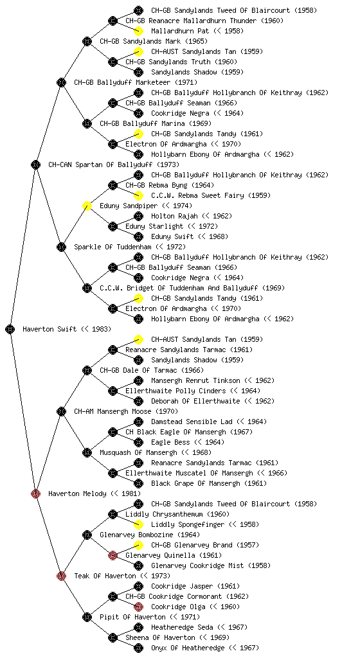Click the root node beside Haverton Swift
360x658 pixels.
[x=10, y=329]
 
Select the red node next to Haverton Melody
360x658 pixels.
[x=35, y=493]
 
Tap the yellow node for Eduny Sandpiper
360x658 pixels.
[x=87, y=206]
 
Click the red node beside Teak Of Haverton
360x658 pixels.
[x=61, y=576]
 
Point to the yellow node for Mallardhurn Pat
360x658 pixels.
[x=138, y=31]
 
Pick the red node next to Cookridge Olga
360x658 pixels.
[x=138, y=607]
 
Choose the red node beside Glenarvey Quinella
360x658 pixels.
[x=113, y=555]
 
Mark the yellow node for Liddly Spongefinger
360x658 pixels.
[x=138, y=524]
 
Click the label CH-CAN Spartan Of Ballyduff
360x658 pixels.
[x=114, y=164]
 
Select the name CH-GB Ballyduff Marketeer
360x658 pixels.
[x=136, y=82]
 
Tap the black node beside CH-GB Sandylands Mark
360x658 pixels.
[x=87, y=41]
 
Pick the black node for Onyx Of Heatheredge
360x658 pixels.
[x=138, y=648]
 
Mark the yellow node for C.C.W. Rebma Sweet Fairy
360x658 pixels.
[x=138, y=195]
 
